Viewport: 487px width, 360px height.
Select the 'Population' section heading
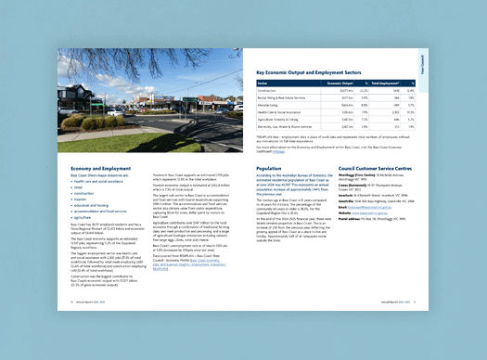click(x=271, y=169)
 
